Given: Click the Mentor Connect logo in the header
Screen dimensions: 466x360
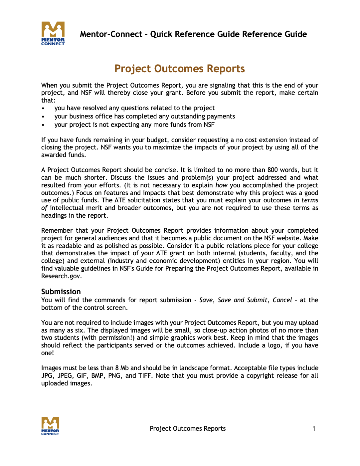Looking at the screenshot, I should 53,33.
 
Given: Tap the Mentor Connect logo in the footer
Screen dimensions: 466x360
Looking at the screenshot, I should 50,426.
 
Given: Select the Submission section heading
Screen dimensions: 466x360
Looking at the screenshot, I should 61,292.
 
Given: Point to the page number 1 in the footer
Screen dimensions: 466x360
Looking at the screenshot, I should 313,429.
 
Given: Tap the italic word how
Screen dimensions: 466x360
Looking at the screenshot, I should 221,185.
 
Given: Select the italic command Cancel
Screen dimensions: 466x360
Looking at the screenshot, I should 282,300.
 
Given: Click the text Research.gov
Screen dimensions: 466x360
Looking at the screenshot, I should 61,276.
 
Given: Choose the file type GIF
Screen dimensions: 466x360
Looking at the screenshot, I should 82,376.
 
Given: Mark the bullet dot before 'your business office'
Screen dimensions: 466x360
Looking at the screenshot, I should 43,117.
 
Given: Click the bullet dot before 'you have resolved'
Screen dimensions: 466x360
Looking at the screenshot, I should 43,109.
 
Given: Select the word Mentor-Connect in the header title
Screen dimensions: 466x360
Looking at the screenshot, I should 111,34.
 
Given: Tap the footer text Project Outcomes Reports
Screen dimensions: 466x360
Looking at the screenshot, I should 188,429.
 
